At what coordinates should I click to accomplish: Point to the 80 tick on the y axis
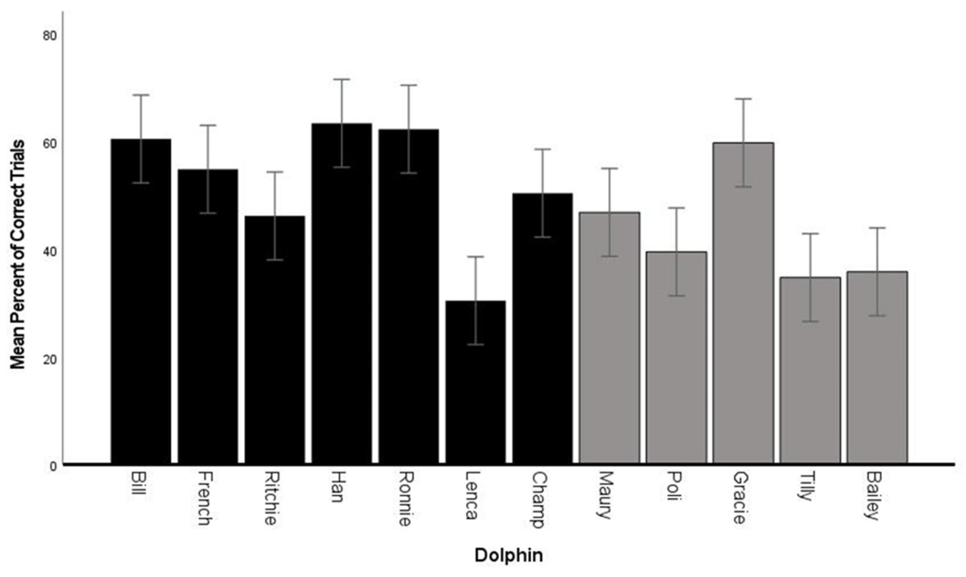[50, 36]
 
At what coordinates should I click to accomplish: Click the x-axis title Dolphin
[508, 555]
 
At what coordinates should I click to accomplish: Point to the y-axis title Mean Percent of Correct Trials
[18, 254]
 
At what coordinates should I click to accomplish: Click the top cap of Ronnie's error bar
[409, 85]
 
